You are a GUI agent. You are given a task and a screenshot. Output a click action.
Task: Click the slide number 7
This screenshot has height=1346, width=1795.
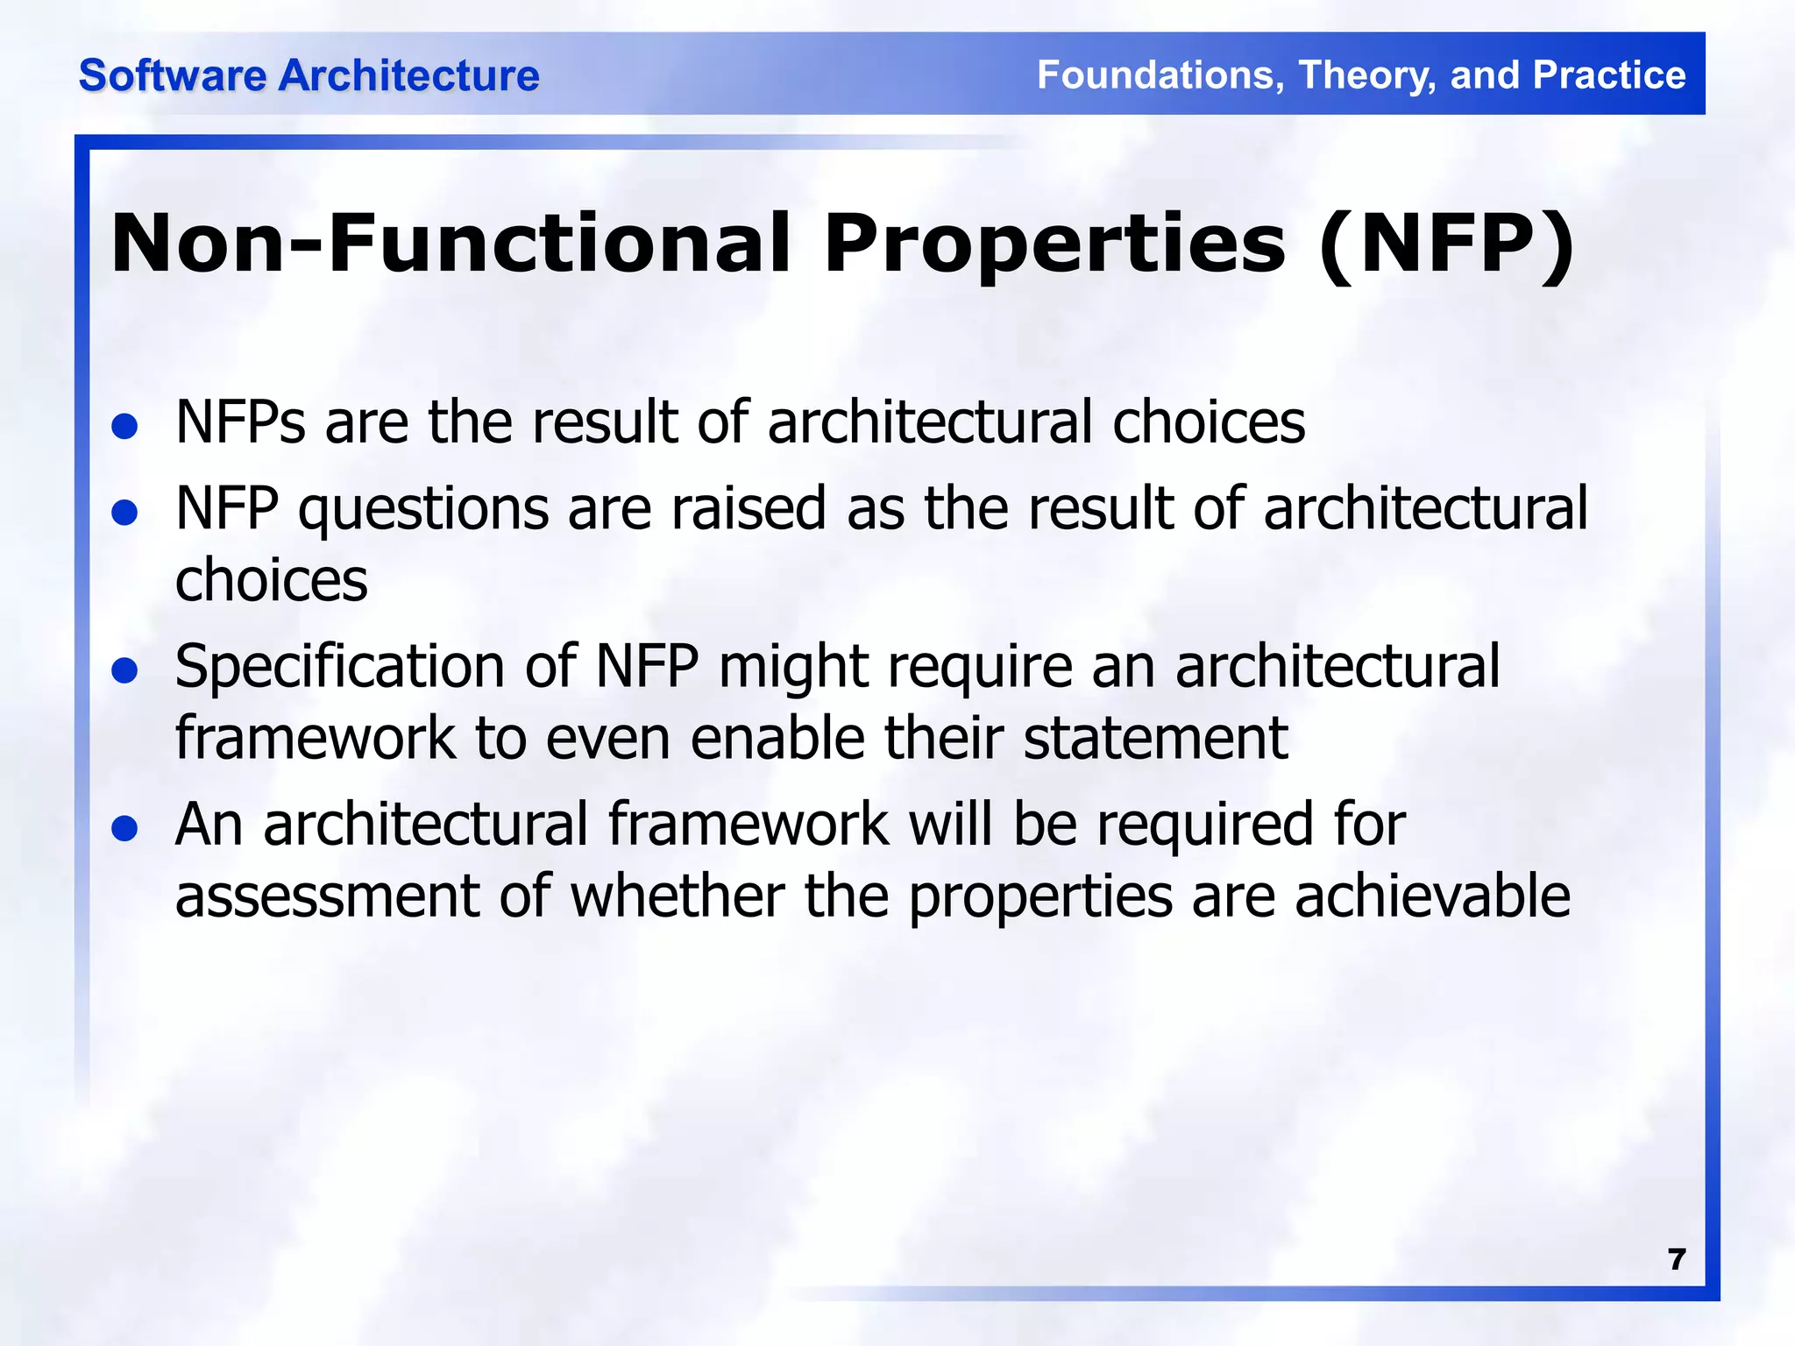tap(1676, 1259)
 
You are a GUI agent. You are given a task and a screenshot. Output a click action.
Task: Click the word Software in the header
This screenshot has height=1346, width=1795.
tap(173, 75)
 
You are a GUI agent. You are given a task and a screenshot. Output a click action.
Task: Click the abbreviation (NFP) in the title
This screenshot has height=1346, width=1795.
tap(1446, 245)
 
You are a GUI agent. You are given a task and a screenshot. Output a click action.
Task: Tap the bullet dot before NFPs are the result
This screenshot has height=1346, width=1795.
tap(125, 427)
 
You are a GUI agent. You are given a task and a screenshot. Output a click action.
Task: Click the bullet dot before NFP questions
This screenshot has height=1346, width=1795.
tap(125, 513)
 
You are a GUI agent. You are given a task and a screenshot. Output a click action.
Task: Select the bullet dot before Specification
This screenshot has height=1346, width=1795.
tap(125, 670)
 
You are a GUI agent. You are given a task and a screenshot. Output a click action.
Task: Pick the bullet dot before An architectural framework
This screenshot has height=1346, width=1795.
tap(125, 828)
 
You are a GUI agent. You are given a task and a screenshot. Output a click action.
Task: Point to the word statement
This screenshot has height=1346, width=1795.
tap(1155, 738)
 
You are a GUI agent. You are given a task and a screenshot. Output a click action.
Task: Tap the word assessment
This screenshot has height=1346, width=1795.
tap(327, 897)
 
